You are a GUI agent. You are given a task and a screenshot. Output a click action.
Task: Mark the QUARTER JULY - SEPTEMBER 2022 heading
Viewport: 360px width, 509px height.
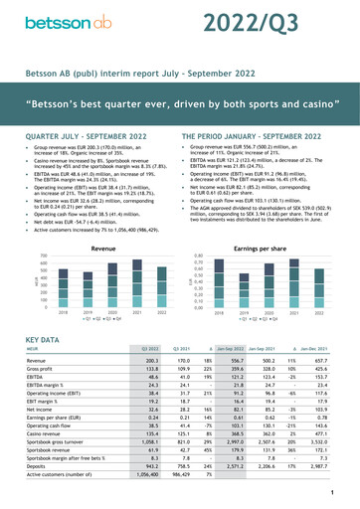coord(89,132)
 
